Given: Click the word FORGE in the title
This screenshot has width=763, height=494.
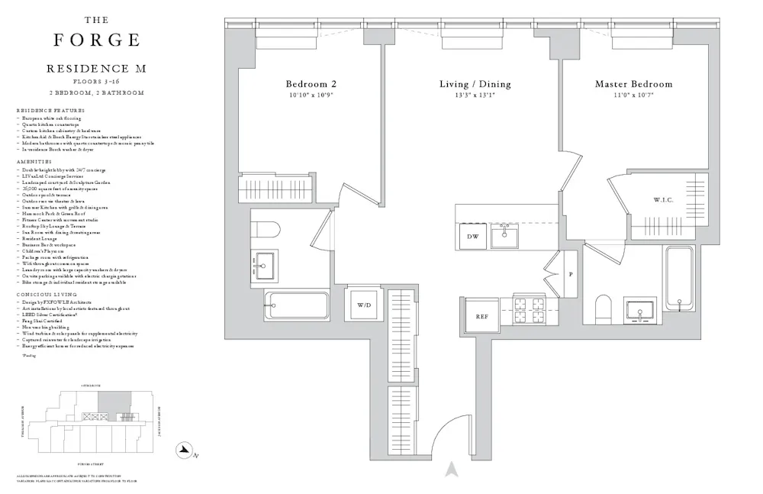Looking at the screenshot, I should [96, 40].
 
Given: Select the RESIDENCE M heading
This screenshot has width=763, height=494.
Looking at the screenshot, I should [96, 69].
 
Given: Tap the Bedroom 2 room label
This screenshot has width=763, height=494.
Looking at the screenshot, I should [311, 84].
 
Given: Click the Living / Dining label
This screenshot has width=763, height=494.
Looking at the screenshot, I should [475, 84].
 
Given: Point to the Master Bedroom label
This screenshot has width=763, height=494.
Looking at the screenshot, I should [633, 84].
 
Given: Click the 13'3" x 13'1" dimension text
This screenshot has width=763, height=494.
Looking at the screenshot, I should [475, 95].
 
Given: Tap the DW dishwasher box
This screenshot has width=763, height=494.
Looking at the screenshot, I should [472, 237].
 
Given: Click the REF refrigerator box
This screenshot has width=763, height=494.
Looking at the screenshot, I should [481, 316].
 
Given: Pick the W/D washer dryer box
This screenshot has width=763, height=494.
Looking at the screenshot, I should [363, 305].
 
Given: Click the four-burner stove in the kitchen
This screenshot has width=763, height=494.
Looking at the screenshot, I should [528, 312].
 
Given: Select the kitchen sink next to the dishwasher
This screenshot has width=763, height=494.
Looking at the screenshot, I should [504, 236].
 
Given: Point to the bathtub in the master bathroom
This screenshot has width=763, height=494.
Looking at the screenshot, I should [678, 278].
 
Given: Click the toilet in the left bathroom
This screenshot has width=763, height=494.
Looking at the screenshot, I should [265, 228].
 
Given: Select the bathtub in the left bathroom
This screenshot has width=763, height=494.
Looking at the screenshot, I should [297, 305].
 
